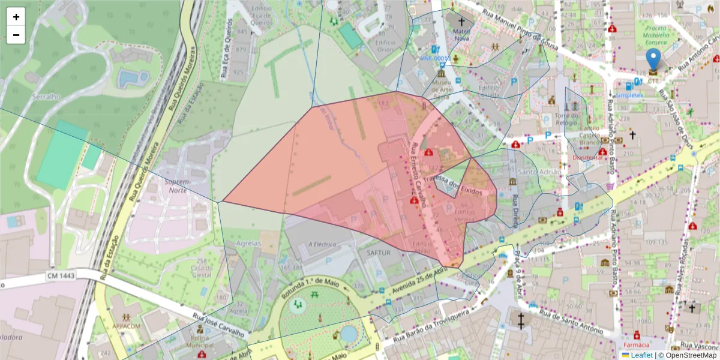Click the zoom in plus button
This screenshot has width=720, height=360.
(x=16, y=17)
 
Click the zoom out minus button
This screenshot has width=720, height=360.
(x=16, y=35)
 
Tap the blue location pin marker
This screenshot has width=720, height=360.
(x=653, y=61)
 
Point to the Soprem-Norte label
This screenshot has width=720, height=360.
(x=178, y=185)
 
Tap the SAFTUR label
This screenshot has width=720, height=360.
(x=379, y=253)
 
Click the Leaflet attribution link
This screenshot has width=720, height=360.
(x=642, y=355)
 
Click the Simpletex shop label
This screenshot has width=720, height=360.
(x=629, y=95)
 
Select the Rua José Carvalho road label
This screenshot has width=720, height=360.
(x=219, y=325)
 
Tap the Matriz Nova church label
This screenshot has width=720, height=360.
(x=461, y=34)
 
